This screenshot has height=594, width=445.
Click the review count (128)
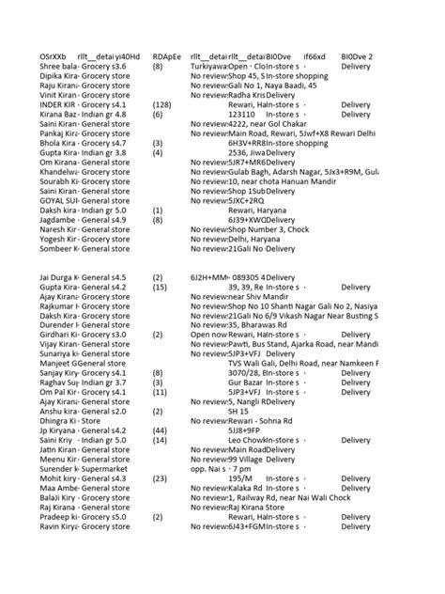pyautogui.click(x=161, y=104)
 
